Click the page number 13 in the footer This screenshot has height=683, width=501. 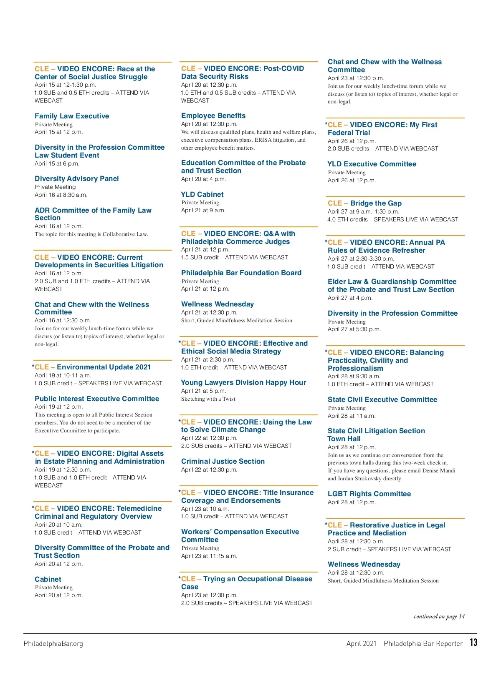click(473, 642)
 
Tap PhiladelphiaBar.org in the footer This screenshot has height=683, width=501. click(53, 643)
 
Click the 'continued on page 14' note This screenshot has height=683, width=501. click(439, 616)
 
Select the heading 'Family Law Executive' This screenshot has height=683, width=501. click(72, 116)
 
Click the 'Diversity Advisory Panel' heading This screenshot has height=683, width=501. click(77, 178)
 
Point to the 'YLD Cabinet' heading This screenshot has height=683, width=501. click(202, 194)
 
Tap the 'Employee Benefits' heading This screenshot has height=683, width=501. click(213, 116)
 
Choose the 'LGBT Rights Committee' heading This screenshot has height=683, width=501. click(369, 494)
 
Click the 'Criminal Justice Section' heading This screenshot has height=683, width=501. click(223, 461)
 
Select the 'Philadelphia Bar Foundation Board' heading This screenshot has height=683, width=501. click(241, 273)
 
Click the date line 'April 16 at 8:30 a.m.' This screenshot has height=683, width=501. click(61, 195)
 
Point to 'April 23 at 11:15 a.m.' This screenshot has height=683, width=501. click(209, 556)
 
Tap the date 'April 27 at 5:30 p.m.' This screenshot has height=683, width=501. click(354, 329)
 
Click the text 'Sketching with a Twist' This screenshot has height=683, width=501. click(208, 399)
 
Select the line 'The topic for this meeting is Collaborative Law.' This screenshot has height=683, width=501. click(91, 234)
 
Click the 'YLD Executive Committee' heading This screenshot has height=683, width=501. click(372, 164)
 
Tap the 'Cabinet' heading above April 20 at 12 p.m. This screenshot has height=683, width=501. click(48, 579)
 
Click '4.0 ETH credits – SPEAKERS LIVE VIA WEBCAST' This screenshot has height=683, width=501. click(392, 219)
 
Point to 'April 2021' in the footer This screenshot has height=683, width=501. click(361, 643)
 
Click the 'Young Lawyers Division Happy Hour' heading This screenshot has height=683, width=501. click(244, 382)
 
